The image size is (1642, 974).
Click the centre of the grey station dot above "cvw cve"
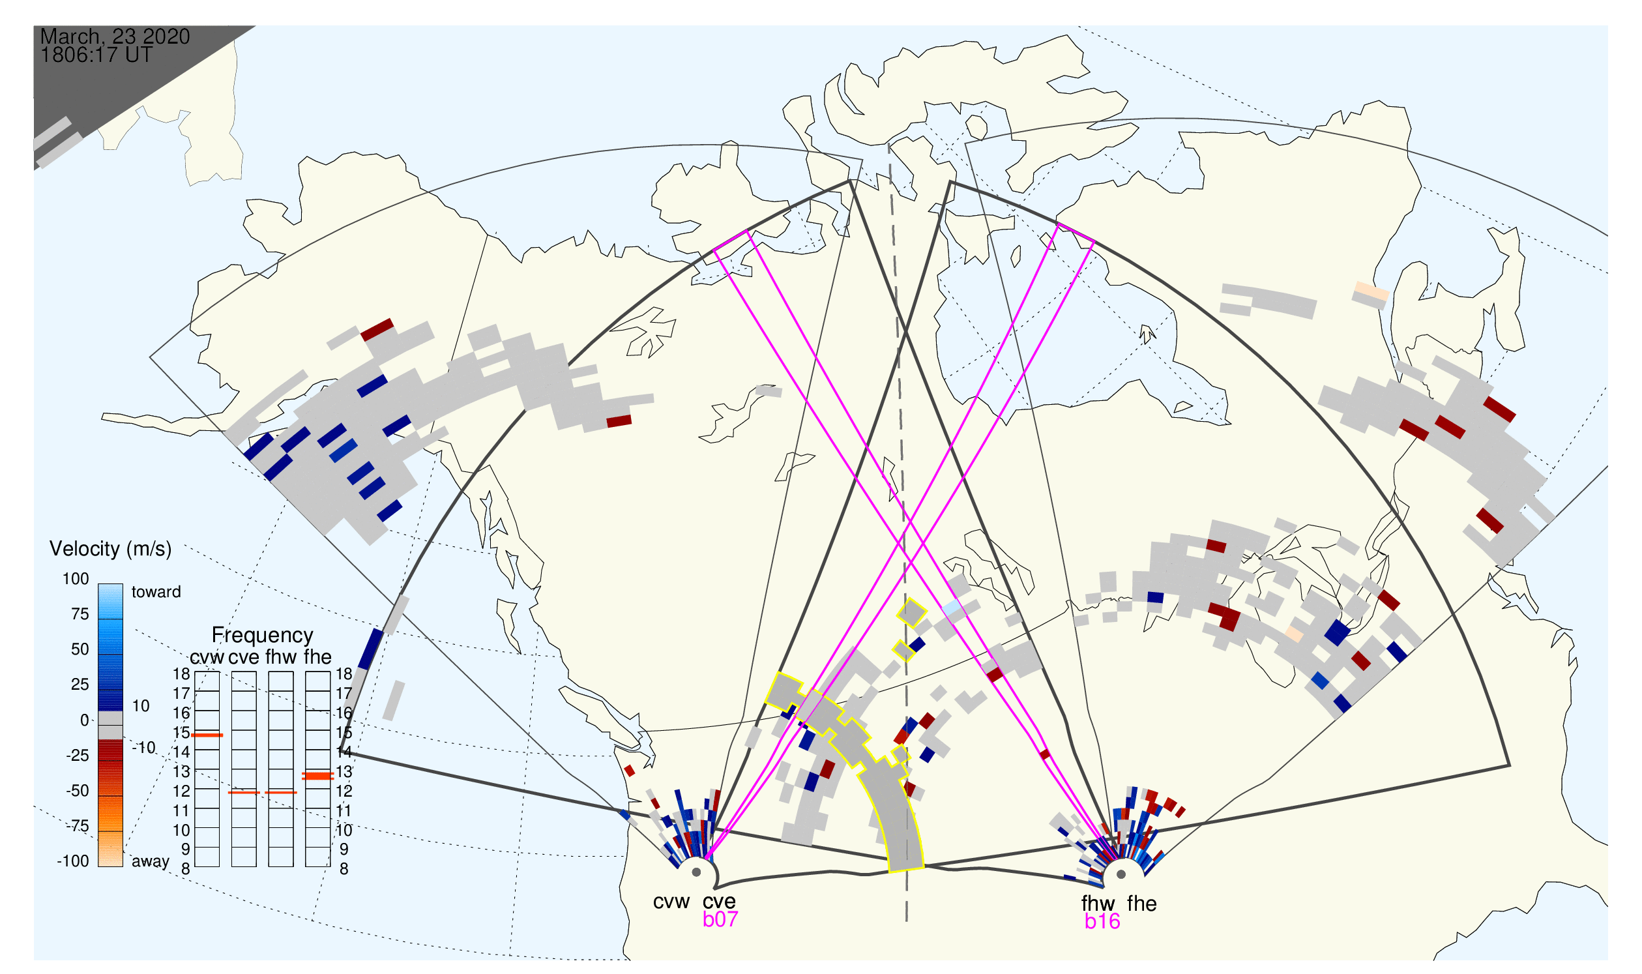(x=696, y=872)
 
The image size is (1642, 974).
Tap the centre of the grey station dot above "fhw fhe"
(x=1121, y=874)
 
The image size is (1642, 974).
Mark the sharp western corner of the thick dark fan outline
(x=341, y=752)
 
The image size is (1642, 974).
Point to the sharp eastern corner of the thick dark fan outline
(x=1510, y=765)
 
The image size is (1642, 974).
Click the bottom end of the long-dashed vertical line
(x=906, y=921)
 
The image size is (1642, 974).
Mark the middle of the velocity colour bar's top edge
(x=110, y=584)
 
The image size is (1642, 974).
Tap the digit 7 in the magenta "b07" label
(x=731, y=919)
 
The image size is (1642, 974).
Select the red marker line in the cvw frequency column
(x=207, y=735)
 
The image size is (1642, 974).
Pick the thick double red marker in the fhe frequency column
(x=317, y=776)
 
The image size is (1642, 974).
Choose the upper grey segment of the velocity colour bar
(x=110, y=717)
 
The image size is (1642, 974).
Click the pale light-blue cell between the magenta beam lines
(x=952, y=607)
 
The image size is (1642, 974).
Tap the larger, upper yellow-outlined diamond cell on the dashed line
(x=912, y=613)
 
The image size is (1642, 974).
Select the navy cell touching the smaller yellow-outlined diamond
(x=916, y=644)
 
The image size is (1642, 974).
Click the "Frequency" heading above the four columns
(x=262, y=636)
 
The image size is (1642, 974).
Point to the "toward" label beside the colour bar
(x=156, y=592)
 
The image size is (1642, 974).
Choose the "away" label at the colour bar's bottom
(x=151, y=861)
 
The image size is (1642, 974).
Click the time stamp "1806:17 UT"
(x=96, y=55)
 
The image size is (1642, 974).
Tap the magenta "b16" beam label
(x=1102, y=921)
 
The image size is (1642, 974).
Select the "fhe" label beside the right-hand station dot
(x=1142, y=904)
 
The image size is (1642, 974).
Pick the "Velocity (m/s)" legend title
(x=110, y=549)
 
